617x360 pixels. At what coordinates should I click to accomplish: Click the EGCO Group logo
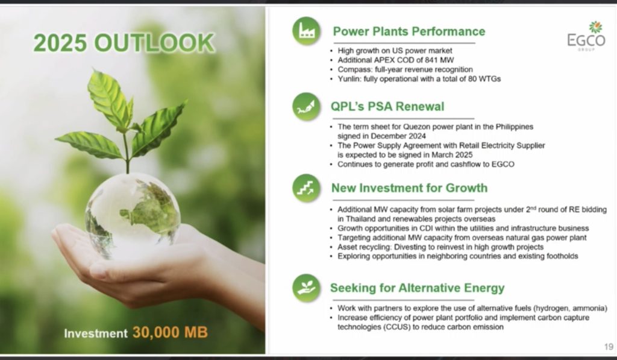point(586,36)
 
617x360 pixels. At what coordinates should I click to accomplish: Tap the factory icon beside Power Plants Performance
point(307,31)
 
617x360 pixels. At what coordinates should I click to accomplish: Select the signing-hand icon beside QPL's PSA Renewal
point(307,106)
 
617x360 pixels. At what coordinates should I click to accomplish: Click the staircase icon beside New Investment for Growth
point(307,188)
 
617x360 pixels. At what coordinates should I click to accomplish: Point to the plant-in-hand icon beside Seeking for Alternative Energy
point(307,288)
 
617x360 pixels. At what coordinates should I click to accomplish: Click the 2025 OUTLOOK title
point(124,43)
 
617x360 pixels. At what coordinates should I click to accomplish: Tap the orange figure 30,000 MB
point(170,332)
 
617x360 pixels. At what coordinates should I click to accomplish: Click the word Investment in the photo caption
point(96,333)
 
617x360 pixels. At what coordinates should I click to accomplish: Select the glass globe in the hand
point(132,215)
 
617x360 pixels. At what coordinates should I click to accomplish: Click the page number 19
point(609,347)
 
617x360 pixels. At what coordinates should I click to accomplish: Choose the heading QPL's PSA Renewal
point(387,106)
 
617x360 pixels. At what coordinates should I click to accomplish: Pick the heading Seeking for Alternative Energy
point(417,288)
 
